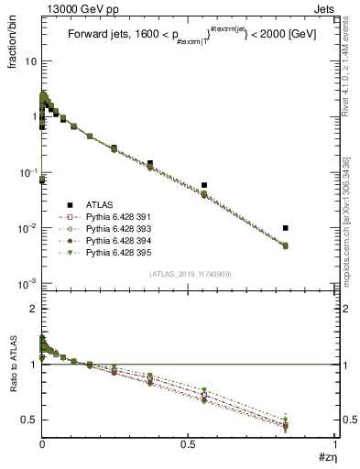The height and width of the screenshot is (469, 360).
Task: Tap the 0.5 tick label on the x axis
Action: (x=189, y=446)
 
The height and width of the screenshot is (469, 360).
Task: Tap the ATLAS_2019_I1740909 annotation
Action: (x=189, y=275)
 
